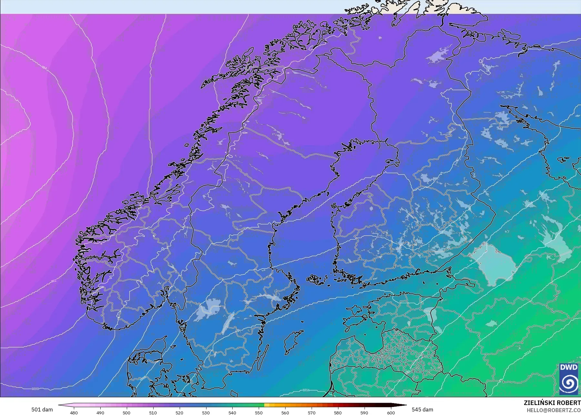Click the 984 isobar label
coord(44,68)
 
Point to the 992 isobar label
coord(54,281)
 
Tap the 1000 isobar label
coord(35,389)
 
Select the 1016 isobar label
coord(306,390)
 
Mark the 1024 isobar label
coord(527,353)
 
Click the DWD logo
coord(569,379)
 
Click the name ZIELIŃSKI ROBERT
coord(552,403)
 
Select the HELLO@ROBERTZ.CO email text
coord(554,410)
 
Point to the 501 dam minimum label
coord(42,410)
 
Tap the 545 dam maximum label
coord(422,410)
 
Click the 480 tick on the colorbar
coord(74,413)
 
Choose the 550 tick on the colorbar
coord(259,413)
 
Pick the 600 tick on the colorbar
coord(391,413)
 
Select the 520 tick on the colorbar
coord(179,413)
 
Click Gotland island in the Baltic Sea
coord(293,342)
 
